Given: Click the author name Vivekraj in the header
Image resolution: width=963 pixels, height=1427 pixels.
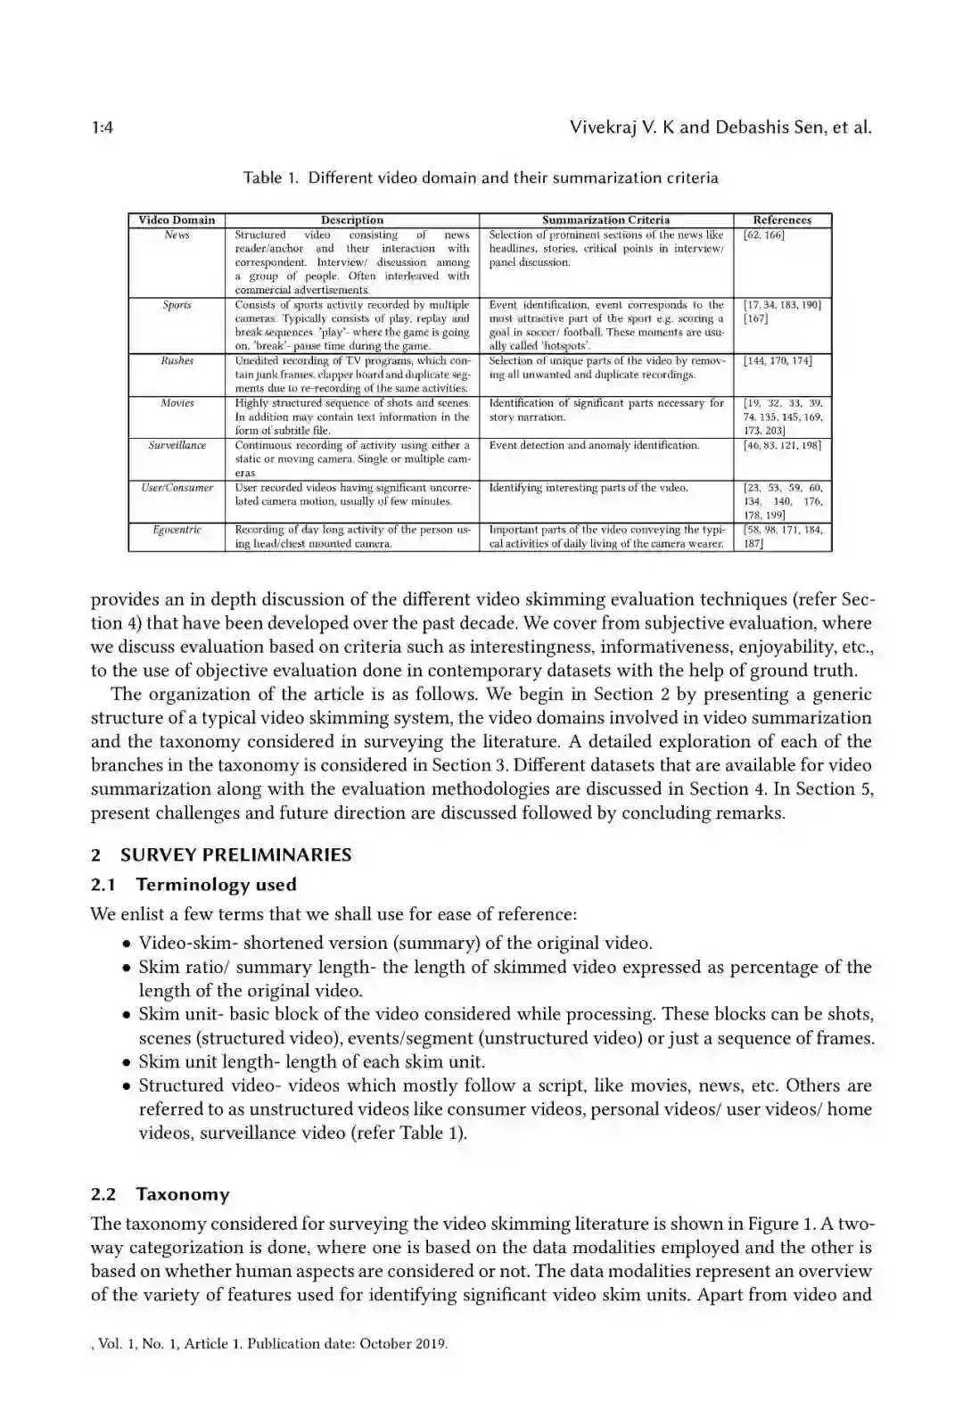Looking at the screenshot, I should tap(605, 128).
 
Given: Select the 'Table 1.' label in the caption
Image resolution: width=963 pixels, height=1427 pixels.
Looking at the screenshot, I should tap(270, 177).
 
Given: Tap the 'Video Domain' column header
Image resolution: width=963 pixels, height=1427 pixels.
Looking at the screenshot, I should tap(177, 220).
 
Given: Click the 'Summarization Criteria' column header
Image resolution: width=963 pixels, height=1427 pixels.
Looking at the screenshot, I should tap(605, 220).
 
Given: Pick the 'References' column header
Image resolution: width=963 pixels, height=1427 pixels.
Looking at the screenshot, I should tap(782, 220).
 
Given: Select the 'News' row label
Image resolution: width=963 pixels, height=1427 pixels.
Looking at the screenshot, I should tap(177, 235).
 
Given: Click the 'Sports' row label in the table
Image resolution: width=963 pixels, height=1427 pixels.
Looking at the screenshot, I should tap(177, 305).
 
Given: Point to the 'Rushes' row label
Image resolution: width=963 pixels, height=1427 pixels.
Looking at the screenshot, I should tap(177, 361).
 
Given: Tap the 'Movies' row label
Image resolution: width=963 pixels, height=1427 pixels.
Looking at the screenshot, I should tap(177, 403).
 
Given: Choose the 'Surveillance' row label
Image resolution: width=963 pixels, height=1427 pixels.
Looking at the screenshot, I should tap(177, 445).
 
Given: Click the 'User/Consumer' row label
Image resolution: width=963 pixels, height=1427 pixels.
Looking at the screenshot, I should tap(177, 488).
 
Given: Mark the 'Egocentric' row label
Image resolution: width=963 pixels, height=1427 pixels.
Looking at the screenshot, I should tap(177, 530).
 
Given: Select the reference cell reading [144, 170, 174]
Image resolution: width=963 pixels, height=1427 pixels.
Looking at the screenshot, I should tap(778, 361).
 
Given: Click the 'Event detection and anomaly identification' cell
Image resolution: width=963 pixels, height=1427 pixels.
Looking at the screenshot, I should tap(594, 445).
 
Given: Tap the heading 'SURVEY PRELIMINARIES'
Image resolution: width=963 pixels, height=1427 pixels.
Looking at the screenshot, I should tap(235, 854).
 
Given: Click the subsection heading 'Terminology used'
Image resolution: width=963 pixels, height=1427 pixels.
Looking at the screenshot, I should tap(216, 885).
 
